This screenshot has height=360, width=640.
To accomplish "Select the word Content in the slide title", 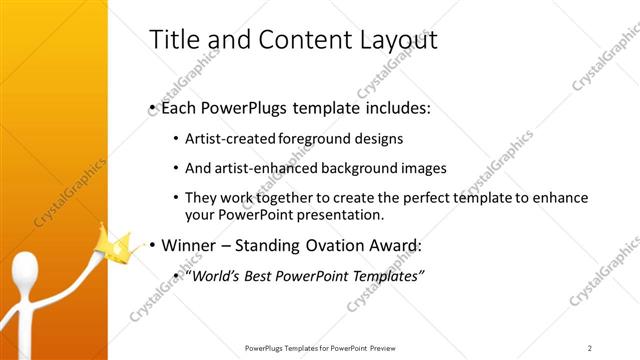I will tap(291, 40).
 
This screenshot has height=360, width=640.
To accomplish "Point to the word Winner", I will tap(189, 244).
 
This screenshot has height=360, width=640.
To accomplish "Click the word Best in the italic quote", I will tap(268, 275).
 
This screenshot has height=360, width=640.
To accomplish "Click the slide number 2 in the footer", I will tap(589, 347).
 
